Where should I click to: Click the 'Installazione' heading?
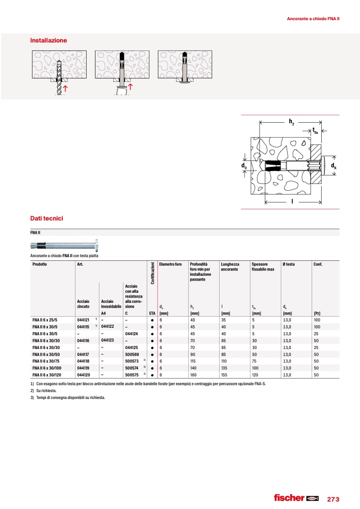pyautogui.click(x=48, y=40)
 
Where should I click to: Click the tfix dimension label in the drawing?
pyautogui.click(x=315, y=131)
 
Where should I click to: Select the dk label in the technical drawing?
pyautogui.click(x=333, y=166)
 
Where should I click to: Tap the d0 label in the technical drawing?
pyautogui.click(x=244, y=166)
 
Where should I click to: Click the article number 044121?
pyautogui.click(x=83, y=320)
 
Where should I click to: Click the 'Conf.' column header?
pyautogui.click(x=319, y=264)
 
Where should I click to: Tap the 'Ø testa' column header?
pyautogui.click(x=290, y=264)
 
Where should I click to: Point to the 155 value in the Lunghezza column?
pyautogui.click(x=225, y=375)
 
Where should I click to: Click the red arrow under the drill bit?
pyautogui.click(x=65, y=89)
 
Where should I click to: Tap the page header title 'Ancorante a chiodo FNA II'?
pyautogui.click(x=313, y=19)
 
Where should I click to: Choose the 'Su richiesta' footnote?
pyautogui.click(x=46, y=391)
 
